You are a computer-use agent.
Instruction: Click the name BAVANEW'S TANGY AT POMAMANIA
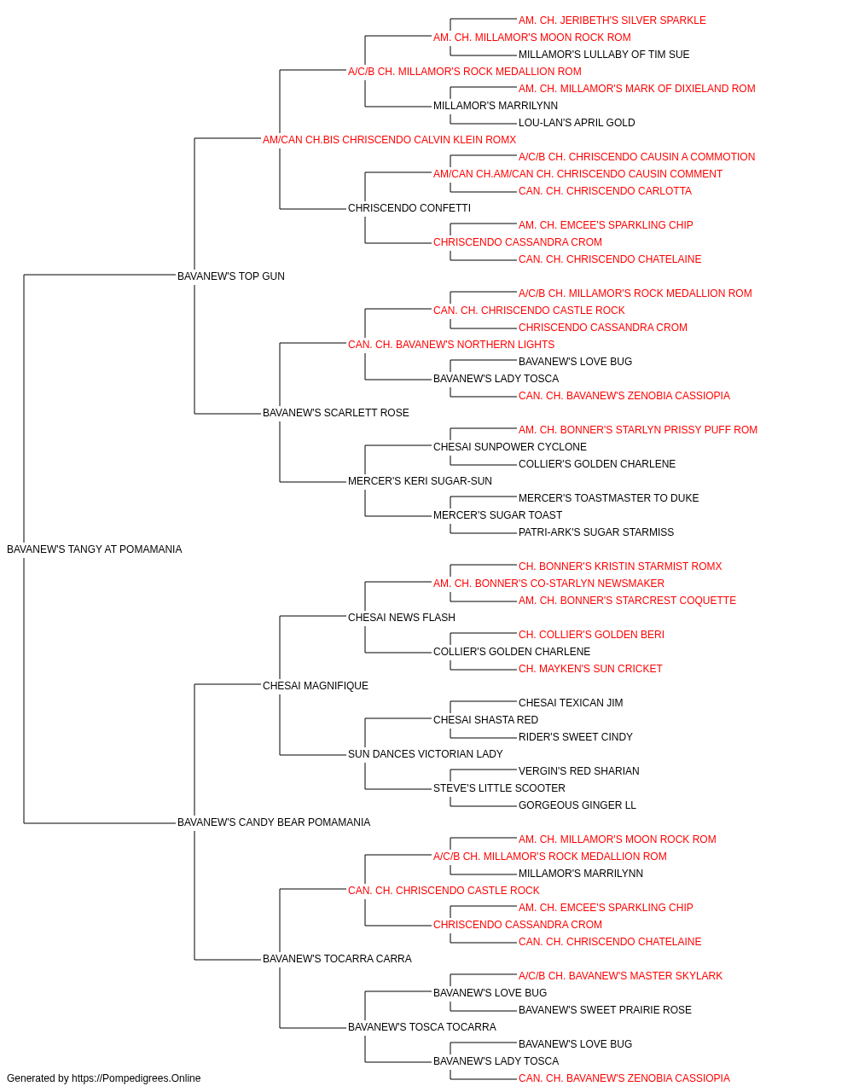tap(95, 549)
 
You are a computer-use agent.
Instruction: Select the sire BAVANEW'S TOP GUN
tap(231, 276)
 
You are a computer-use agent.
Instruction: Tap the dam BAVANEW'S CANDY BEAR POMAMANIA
tap(274, 822)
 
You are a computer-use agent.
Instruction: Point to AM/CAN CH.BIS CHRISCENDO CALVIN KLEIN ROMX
tap(389, 140)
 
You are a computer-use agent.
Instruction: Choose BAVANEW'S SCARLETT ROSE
tap(335, 413)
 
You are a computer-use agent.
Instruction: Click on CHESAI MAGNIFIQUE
tap(316, 686)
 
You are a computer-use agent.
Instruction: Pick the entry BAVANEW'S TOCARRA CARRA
tap(337, 959)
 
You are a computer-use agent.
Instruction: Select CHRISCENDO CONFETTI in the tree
tap(409, 208)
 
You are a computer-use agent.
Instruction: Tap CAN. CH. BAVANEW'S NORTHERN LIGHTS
tap(451, 345)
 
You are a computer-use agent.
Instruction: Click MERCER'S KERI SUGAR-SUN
tap(420, 481)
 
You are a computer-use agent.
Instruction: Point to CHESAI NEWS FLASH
tap(402, 618)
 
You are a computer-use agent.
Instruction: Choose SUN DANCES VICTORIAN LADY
tap(426, 754)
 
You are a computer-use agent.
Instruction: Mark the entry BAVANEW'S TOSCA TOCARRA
tap(422, 1027)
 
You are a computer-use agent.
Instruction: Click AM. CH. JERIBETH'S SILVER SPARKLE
tap(612, 20)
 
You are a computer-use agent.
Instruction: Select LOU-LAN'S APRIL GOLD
tap(577, 123)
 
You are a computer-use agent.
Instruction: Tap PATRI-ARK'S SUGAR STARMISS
tap(596, 532)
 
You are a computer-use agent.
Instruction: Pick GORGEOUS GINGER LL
tap(577, 805)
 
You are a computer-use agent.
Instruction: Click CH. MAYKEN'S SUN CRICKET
tap(590, 669)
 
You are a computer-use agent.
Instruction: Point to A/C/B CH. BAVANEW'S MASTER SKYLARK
tap(620, 976)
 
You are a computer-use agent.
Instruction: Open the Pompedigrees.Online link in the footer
tap(136, 1078)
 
